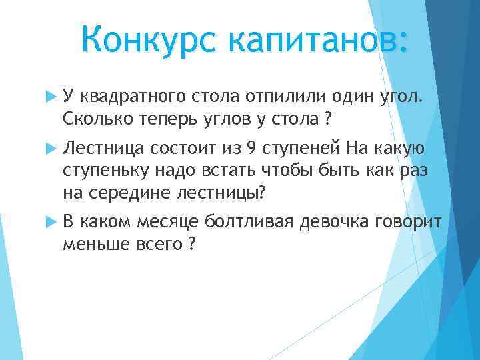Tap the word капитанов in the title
coord(313,41)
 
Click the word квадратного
coord(129,99)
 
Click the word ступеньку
coord(105,170)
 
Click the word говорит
coord(410,221)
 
